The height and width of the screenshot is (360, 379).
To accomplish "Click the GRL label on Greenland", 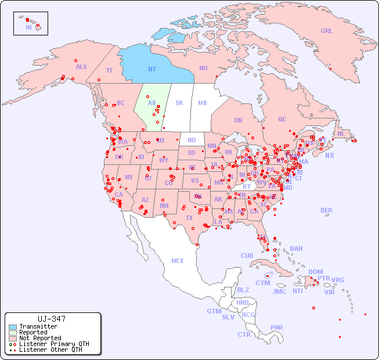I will [327, 31].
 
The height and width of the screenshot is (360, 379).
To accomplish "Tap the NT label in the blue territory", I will [152, 69].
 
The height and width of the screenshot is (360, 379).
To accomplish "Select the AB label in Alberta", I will [152, 103].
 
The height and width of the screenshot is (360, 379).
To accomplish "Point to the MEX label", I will [178, 261].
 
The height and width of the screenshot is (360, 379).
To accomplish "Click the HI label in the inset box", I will [28, 27].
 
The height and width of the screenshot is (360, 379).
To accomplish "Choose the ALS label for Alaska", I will [81, 67].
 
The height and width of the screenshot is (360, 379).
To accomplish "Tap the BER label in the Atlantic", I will [327, 210].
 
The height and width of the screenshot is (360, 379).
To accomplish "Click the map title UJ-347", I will [52, 319].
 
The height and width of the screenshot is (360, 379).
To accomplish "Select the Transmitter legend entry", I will [38, 326].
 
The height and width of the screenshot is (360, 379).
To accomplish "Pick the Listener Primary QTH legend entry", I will [54, 344].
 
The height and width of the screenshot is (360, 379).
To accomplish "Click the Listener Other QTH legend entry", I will [50, 350].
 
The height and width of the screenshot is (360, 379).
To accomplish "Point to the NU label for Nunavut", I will [203, 68].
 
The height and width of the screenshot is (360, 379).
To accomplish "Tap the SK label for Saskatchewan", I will [179, 103].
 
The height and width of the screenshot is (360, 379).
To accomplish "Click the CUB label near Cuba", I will [247, 255].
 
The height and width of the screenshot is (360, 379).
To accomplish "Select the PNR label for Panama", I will [277, 327].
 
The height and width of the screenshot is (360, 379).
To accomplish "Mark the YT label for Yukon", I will [109, 70].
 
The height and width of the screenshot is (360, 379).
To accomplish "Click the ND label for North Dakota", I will [192, 140].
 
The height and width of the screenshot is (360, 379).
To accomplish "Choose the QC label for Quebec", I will [282, 119].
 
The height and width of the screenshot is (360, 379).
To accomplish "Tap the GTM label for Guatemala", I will [214, 311].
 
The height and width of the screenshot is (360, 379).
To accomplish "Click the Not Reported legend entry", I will [40, 338].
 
